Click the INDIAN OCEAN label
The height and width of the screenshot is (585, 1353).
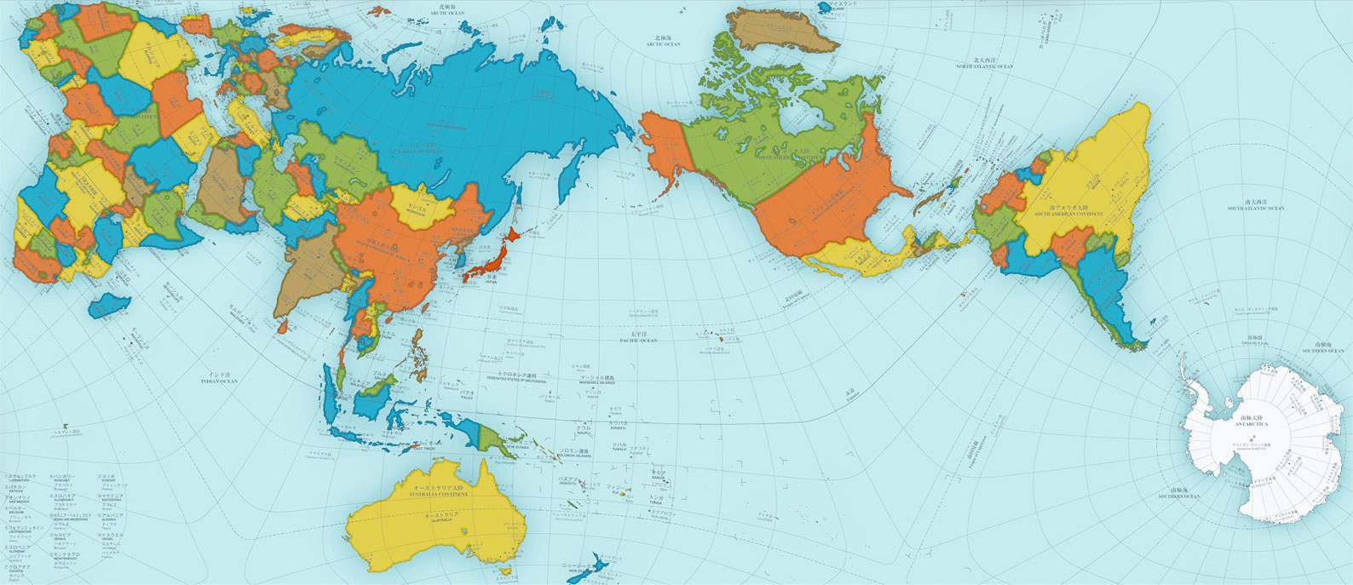coord(217,380)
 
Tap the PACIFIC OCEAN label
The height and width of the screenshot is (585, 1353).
coord(638,340)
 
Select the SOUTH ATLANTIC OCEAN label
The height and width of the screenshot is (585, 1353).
coord(1254,208)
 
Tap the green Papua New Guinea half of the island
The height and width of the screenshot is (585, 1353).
coord(494,438)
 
